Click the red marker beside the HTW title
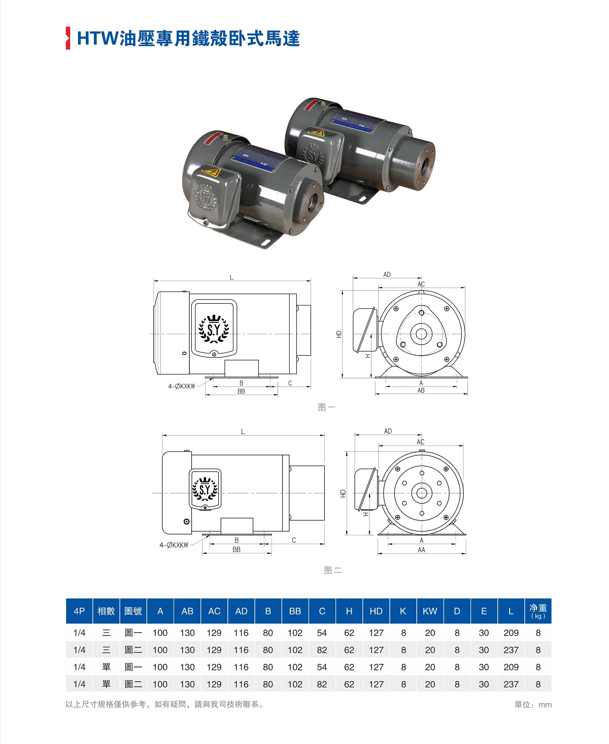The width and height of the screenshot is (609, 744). [x=68, y=38]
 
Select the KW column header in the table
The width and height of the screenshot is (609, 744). [x=430, y=611]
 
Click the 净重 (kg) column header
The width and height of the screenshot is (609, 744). [x=538, y=611]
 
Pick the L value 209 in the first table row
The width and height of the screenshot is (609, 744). [x=511, y=633]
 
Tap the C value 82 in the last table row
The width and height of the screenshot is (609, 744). [x=322, y=684]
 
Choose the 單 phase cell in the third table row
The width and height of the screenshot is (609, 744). [x=106, y=667]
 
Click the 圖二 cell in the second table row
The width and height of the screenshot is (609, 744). [x=133, y=650]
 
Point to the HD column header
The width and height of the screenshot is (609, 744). [x=376, y=611]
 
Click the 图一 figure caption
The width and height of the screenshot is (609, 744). [x=326, y=407]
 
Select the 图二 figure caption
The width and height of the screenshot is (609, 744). [x=333, y=571]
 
